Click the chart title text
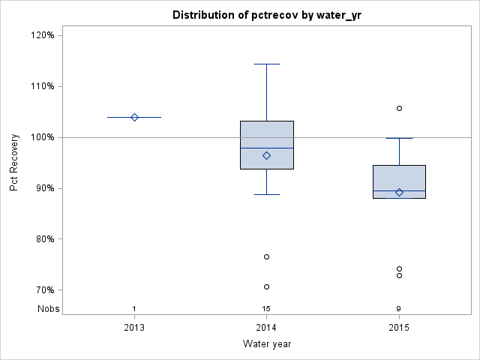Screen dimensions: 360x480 coord(266,15)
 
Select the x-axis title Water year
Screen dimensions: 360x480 coord(266,343)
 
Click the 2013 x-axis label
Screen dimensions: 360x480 coord(134,328)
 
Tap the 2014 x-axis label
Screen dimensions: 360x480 coord(266,328)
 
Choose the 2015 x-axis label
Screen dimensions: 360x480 coord(399,328)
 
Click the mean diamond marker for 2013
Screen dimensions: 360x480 coord(134,117)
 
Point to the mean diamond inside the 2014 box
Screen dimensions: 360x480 coord(266,155)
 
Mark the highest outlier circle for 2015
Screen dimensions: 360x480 coord(399,108)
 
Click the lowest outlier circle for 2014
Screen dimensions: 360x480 coord(266,286)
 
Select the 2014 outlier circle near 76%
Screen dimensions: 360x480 coord(266,256)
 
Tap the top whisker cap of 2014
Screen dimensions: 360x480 coord(266,64)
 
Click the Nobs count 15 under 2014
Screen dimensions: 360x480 coord(266,309)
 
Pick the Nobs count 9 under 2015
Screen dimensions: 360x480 coord(399,309)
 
